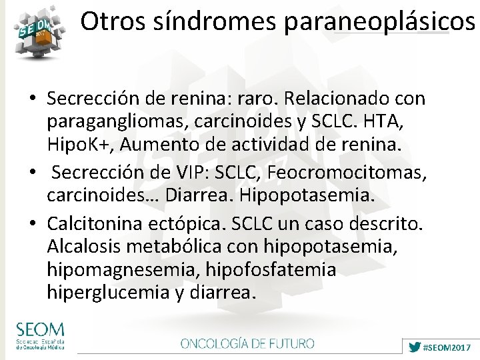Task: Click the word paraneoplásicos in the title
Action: click(379, 22)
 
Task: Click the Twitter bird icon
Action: click(415, 347)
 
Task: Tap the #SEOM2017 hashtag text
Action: click(447, 347)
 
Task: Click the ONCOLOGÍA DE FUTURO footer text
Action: click(247, 343)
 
